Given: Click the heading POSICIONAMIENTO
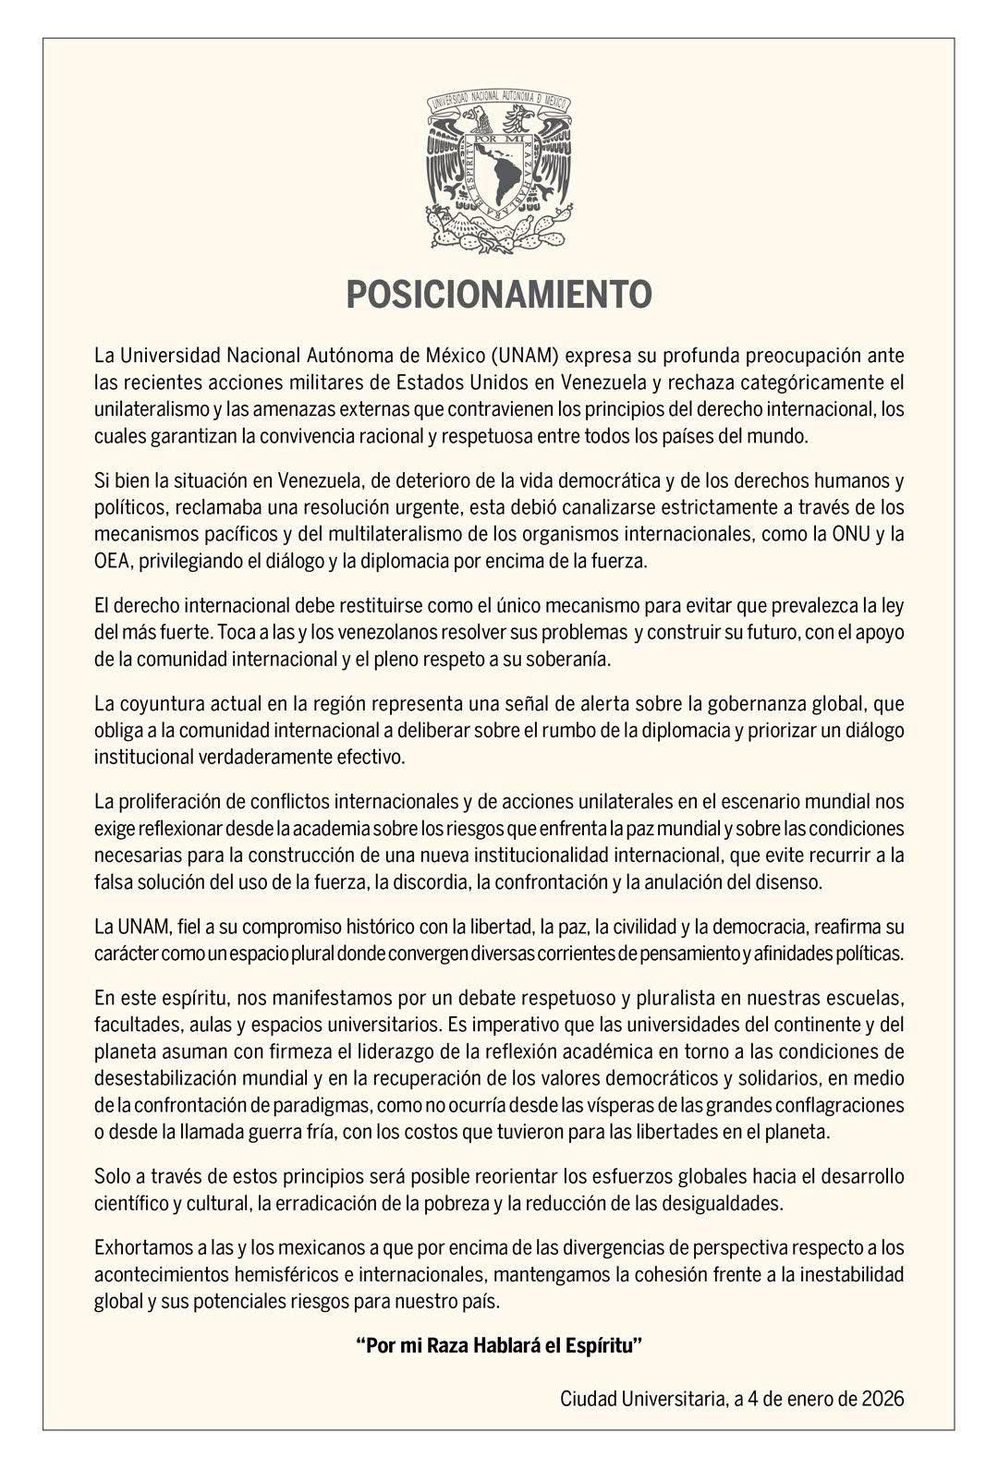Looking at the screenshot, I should [x=499, y=295].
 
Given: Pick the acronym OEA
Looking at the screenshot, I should [x=111, y=560].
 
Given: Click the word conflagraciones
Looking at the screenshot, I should [x=836, y=1105].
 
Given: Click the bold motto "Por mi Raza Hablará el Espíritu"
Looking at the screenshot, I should [x=499, y=1345].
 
